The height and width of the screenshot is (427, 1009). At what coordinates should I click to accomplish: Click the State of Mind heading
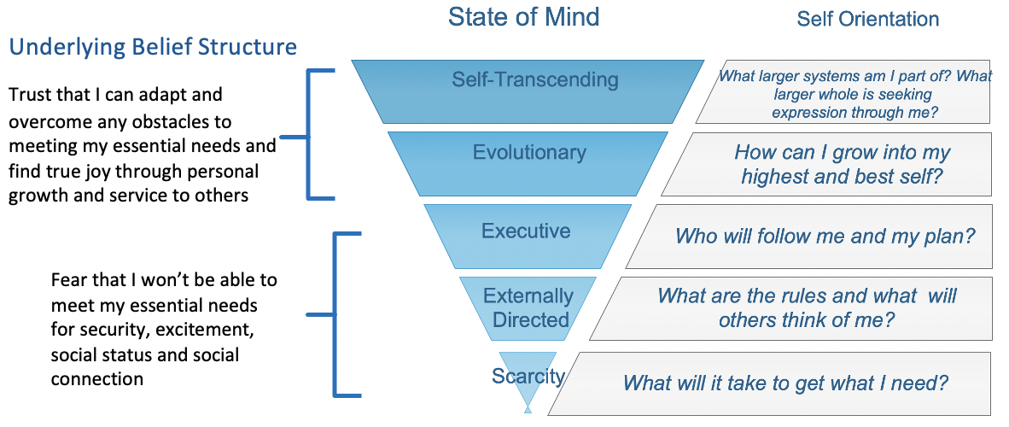[x=524, y=16]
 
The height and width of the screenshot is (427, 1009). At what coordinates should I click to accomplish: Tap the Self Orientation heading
[x=867, y=19]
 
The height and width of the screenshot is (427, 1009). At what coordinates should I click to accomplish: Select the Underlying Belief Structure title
[x=153, y=47]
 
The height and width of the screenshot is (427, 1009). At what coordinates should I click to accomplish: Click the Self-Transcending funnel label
[x=534, y=79]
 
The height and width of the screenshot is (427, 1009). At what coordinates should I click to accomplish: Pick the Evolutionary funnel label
[x=529, y=153]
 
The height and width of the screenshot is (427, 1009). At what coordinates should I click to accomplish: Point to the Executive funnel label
[x=526, y=231]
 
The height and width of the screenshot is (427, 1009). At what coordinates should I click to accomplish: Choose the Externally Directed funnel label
[x=528, y=308]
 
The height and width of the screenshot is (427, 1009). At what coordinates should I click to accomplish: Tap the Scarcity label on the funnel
[x=528, y=376]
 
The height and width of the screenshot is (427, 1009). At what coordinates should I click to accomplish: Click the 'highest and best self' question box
[x=842, y=165]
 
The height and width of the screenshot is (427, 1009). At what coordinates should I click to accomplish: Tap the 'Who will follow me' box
[x=825, y=236]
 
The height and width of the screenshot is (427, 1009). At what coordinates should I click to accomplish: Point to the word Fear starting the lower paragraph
[x=69, y=280]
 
